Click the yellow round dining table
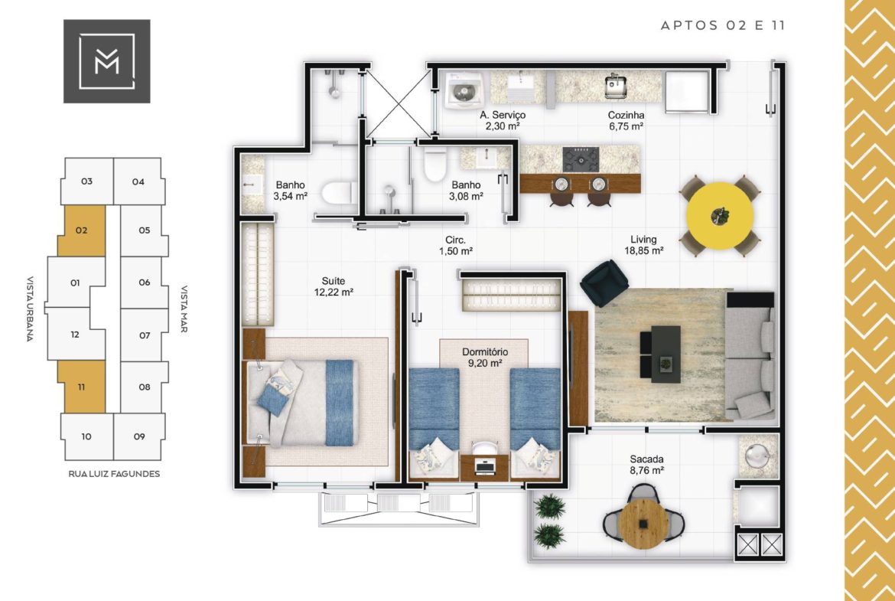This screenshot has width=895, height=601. tap(719, 215)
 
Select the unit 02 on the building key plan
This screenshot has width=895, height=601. tap(82, 230)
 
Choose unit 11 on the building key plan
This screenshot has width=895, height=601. tap(82, 387)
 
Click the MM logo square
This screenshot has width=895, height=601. tap(107, 61)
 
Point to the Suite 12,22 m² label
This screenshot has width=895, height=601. tap(334, 286)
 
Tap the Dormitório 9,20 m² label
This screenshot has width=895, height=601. tap(485, 358)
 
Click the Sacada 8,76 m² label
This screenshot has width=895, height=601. tap(646, 465)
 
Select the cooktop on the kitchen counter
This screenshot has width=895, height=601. tap(581, 159)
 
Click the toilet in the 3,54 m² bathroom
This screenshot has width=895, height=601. tap(339, 193)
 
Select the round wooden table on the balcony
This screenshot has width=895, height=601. tap(643, 523)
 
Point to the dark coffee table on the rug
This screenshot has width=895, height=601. tap(666, 354)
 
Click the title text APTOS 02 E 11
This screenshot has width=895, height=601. tap(723, 25)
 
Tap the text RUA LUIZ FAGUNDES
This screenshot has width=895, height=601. tap(114, 474)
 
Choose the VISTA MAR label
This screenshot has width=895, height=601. tap(184, 309)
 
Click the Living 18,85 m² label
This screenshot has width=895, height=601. tap(643, 244)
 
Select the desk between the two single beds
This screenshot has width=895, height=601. tap(485, 466)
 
